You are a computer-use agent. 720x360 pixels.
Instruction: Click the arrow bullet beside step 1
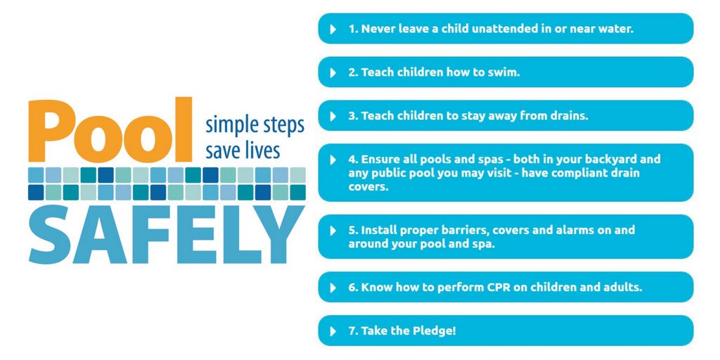333,30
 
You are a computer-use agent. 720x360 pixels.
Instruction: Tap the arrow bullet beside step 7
333,330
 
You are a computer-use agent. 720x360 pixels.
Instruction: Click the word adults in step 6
623,288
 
